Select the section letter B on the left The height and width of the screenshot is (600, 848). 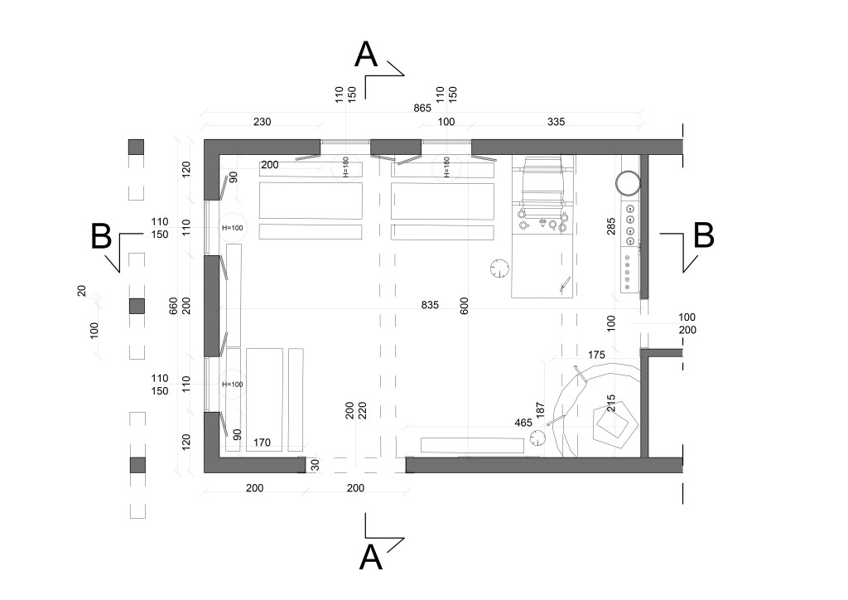[x=101, y=237]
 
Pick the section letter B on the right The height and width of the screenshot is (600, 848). [x=703, y=235]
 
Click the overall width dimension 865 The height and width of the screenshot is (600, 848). [x=423, y=109]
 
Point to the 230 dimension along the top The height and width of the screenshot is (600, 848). [x=262, y=122]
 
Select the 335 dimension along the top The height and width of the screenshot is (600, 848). [x=556, y=122]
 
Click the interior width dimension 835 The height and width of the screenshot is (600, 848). [x=429, y=305]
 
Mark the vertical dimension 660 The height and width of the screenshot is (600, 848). [x=173, y=305]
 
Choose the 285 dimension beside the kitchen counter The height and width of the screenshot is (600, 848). [x=611, y=226]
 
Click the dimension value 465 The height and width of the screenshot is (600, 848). [x=523, y=423]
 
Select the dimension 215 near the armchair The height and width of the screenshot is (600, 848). [x=611, y=404]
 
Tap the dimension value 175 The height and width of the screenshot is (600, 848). [x=596, y=355]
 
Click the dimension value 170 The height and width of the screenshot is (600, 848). [x=263, y=443]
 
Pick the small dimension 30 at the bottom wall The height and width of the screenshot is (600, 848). [x=315, y=465]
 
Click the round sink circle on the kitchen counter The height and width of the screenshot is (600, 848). [x=627, y=181]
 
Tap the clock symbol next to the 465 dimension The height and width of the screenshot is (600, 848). [x=537, y=438]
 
